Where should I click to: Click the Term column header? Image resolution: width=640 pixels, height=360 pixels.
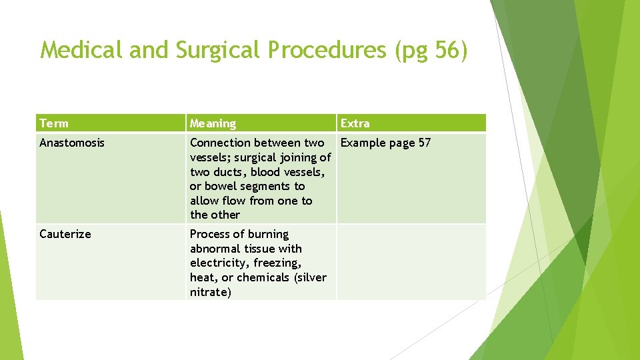point(54,123)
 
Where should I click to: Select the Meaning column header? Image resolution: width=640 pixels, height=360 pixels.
point(213,123)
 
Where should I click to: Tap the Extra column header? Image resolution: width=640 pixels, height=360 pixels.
point(355,123)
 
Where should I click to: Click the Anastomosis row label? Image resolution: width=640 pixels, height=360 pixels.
point(72,143)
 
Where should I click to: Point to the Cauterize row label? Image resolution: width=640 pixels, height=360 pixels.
point(65,234)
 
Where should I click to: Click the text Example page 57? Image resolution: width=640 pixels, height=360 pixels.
point(385,143)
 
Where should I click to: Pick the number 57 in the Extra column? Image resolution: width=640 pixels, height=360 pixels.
point(424,143)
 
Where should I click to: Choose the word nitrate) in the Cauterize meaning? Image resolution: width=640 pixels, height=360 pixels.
point(211,292)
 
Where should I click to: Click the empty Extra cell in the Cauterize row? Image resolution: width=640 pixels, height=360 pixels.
point(411,262)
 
